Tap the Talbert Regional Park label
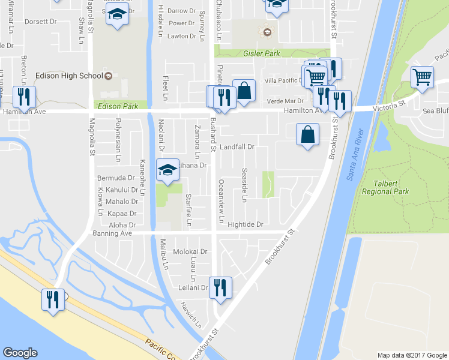point(385,188)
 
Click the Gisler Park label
point(262,53)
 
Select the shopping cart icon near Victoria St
point(422,77)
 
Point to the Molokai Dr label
point(190,251)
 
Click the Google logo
point(20,352)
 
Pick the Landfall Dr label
point(238,146)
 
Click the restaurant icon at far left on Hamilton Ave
point(24,96)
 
